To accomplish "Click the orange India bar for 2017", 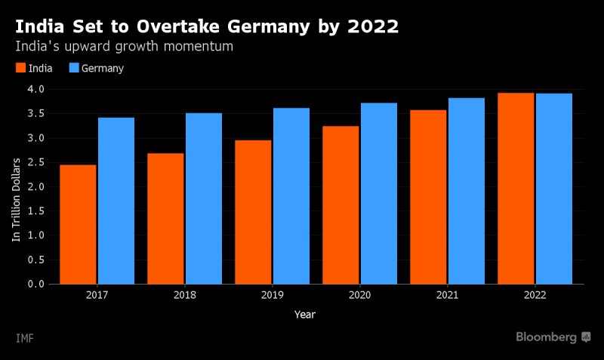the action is (78, 224).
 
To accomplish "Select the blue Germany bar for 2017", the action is (116, 201).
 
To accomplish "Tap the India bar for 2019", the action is (253, 212).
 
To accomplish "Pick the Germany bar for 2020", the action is (379, 194).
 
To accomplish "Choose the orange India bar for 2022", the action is (516, 189).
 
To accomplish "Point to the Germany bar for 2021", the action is (467, 191).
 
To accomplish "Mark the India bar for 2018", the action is (165, 219).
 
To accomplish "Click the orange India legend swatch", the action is (21, 68).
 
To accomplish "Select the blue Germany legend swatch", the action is (74, 68).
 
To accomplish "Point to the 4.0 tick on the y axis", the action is (35, 89).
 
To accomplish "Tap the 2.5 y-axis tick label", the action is (35, 162).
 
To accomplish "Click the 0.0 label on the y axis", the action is (35, 284).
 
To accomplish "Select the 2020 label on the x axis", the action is (360, 295).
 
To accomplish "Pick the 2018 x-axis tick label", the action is (185, 295).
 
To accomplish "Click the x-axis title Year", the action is (305, 315).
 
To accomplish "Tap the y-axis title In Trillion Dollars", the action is (16, 200).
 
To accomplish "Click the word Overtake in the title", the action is (178, 26).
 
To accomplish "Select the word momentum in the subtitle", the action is (199, 47).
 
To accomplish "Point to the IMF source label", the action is (25, 338).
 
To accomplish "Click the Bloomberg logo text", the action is (546, 337).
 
